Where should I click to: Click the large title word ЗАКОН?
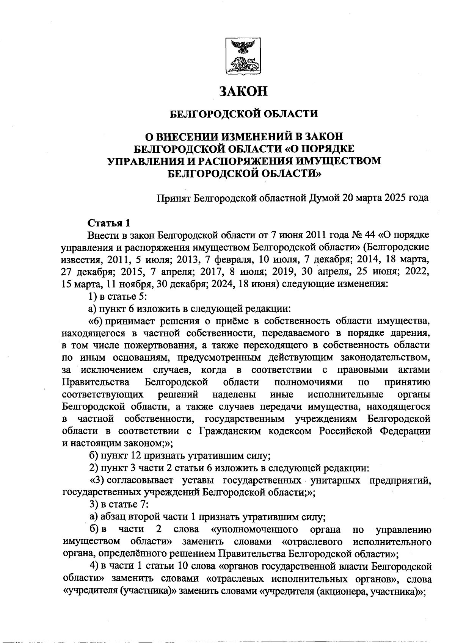243,91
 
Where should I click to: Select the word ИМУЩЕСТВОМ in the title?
337,161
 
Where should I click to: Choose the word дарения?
412,333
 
